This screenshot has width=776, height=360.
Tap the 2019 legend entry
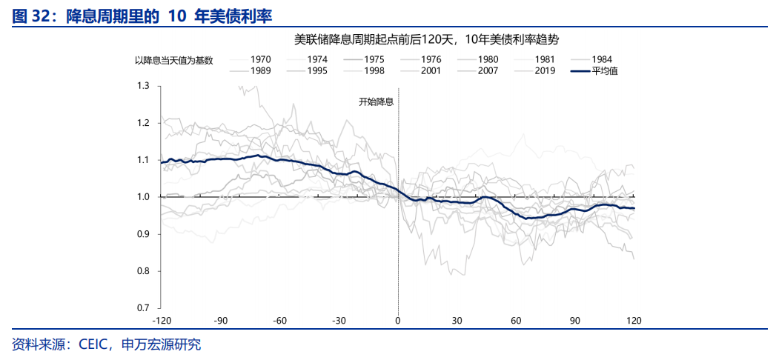pyautogui.click(x=545, y=71)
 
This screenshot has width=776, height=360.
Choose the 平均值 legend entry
pyautogui.click(x=605, y=71)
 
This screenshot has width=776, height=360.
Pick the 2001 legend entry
pyautogui.click(x=431, y=71)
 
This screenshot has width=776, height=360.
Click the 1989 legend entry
pyautogui.click(x=261, y=71)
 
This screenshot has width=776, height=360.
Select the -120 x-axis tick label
pyautogui.click(x=162, y=321)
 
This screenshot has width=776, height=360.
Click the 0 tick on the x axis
pyautogui.click(x=398, y=321)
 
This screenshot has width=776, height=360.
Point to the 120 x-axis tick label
pyautogui.click(x=634, y=321)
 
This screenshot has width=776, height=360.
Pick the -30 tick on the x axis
pyautogui.click(x=339, y=321)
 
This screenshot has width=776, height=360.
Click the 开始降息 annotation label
pyautogui.click(x=376, y=102)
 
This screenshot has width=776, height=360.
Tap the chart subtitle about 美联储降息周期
pyautogui.click(x=426, y=39)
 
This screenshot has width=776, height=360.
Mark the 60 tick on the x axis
pyautogui.click(x=516, y=321)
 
